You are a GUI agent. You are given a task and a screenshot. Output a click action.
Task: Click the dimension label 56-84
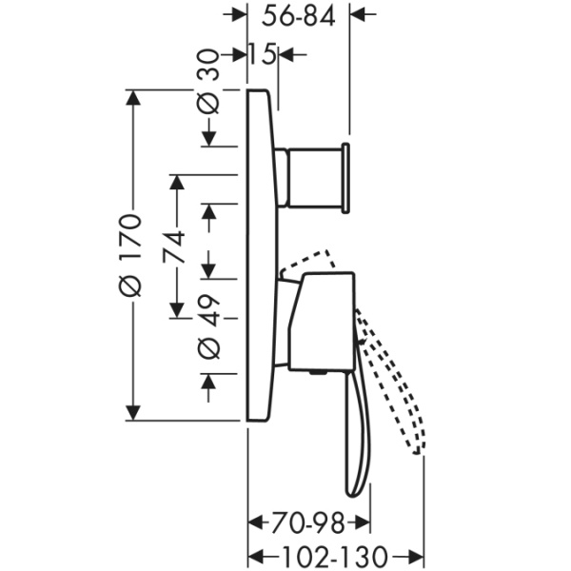point(298,17)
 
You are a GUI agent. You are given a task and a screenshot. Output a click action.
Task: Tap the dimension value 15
point(262,54)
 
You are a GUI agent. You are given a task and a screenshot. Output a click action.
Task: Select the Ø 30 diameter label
point(208,81)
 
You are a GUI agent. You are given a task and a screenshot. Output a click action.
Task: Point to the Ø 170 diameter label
point(130,255)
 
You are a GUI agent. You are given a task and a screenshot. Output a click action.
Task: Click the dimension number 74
point(174,247)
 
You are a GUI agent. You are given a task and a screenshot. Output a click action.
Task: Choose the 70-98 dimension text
point(308,522)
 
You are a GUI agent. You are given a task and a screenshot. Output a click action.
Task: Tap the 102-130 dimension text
point(334,556)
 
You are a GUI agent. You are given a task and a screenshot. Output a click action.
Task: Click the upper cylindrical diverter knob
point(315,178)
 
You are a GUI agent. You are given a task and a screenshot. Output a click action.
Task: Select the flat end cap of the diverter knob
point(346,178)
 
